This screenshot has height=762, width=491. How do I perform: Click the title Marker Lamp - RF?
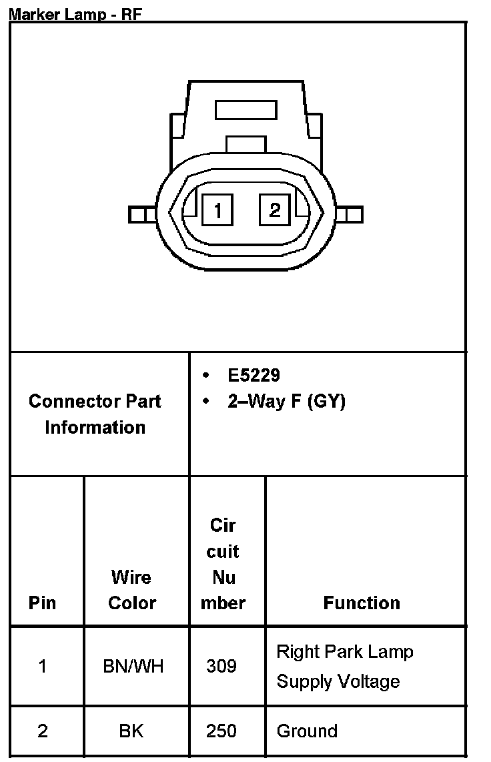(75, 14)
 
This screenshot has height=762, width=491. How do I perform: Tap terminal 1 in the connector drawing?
(217, 210)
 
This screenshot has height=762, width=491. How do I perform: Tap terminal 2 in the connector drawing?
(274, 210)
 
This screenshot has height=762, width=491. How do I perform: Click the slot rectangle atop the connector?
(246, 110)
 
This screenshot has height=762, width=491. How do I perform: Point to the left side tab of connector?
(141, 214)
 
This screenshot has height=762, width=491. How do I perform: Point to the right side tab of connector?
(350, 214)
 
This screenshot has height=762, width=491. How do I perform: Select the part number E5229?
(254, 375)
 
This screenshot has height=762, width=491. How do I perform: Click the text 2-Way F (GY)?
(286, 402)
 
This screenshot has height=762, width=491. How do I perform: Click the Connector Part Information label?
(95, 414)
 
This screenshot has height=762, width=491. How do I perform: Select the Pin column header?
(43, 603)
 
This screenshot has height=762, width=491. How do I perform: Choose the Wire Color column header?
(132, 590)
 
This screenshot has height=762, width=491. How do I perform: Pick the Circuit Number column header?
(223, 564)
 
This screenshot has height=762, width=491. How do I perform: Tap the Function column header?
(362, 603)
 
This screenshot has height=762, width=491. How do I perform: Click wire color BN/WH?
(133, 666)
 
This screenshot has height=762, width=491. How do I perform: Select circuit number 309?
(221, 666)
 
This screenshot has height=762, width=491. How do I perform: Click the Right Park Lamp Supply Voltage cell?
(345, 666)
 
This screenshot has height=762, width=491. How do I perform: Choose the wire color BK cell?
(131, 731)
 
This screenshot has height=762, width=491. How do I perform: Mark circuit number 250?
(221, 731)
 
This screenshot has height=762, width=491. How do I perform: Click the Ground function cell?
(307, 731)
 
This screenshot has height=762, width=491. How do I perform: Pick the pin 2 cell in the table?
(43, 731)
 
